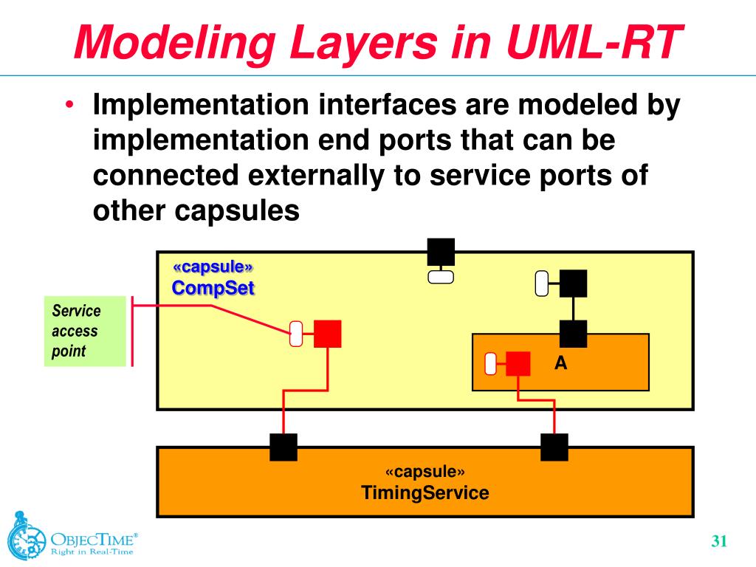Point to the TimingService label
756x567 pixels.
click(425, 492)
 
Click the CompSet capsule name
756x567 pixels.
click(213, 287)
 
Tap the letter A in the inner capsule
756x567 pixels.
click(561, 362)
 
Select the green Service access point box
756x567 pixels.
click(84, 331)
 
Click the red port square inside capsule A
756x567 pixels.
click(518, 363)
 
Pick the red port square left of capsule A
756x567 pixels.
click(327, 334)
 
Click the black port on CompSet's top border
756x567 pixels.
click(441, 252)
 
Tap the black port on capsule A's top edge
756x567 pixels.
click(573, 334)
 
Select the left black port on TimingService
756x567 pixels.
click(283, 447)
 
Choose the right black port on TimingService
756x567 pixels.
click(554, 447)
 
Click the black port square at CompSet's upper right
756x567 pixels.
click(573, 283)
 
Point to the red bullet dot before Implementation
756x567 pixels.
click(68, 106)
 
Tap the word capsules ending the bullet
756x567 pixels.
click(238, 212)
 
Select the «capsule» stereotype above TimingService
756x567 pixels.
click(425, 472)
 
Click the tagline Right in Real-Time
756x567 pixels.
click(92, 551)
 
